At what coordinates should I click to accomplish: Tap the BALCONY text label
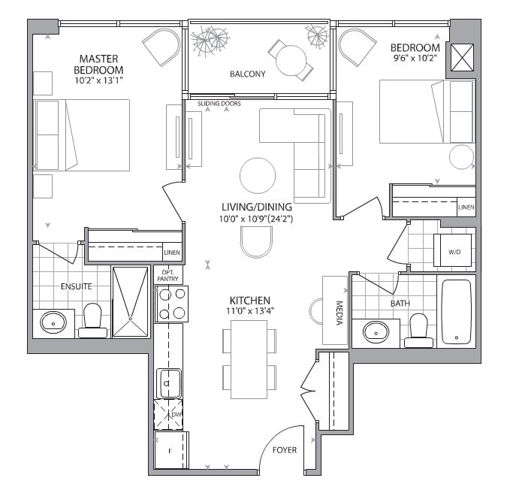point(248,74)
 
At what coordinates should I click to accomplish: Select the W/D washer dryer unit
point(454,251)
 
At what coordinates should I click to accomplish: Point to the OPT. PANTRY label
point(167,275)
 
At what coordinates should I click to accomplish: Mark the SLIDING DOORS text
point(219,104)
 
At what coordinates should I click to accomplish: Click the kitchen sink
point(167,384)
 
